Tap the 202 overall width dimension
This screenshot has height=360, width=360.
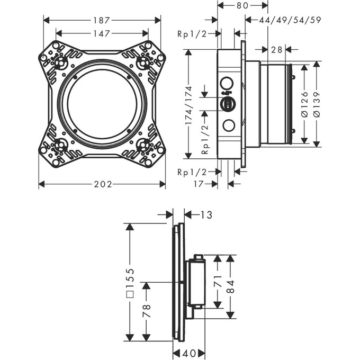coord(102,184)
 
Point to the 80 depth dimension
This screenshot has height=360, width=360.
coord(242,6)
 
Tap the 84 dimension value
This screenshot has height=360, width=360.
coord(230,286)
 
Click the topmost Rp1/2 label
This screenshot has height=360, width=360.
coord(192,34)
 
